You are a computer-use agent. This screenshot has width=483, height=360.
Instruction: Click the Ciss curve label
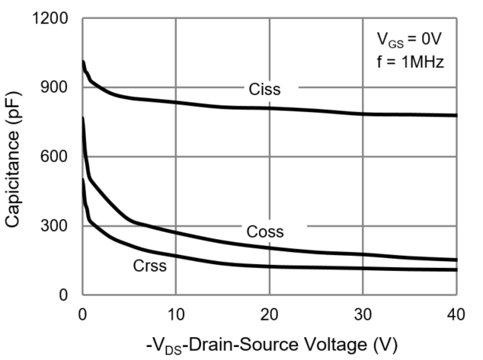click(x=264, y=90)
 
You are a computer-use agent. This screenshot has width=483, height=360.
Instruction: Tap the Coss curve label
click(x=265, y=232)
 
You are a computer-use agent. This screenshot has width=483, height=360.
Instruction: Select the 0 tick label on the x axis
click(x=82, y=312)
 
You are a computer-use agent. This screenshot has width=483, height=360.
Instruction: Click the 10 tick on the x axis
click(x=176, y=312)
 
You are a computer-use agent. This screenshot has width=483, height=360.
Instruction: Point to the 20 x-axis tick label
click(x=270, y=312)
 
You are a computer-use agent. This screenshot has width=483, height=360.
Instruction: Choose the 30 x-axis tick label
click(x=363, y=312)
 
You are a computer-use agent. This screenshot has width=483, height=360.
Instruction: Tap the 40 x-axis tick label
click(x=456, y=312)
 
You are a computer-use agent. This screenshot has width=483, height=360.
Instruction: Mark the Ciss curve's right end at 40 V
click(x=456, y=115)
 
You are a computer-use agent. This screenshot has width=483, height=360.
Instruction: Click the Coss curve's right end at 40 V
click(x=456, y=260)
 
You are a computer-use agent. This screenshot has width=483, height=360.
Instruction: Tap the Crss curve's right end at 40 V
click(x=456, y=269)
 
